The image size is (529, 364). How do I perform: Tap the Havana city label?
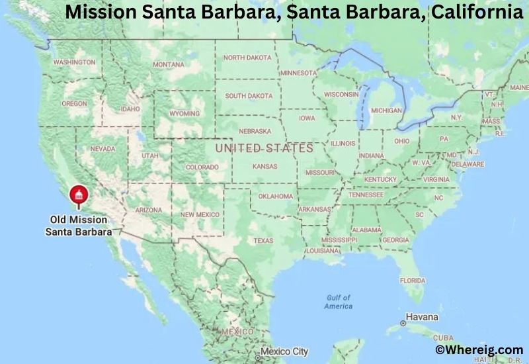pos(421,317)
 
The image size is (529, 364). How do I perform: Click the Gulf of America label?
pos(338,302)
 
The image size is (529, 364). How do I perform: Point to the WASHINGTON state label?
pos(74,62)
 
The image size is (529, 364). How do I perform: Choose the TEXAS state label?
pos(263,240)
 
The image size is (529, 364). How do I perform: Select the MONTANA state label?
pos(169,64)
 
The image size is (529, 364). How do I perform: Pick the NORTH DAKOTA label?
pos(247,58)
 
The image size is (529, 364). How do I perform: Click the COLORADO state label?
pos(202,167)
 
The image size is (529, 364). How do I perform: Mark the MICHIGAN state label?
pos(386,110)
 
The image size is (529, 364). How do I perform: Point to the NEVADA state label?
pos(102,149)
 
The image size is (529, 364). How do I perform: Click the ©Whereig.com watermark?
pos(479,349)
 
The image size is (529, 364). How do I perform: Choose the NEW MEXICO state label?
pos(200,214)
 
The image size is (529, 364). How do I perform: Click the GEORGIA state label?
pos(395,240)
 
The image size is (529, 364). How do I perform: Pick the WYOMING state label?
pos(184,113)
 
